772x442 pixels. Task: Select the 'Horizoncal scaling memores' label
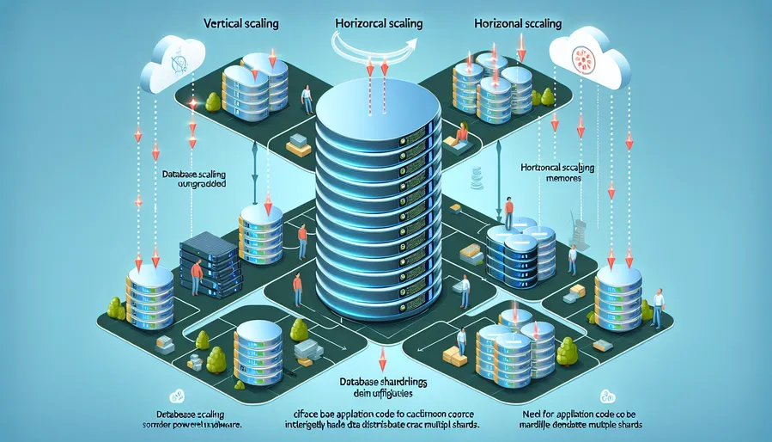(x=556, y=174)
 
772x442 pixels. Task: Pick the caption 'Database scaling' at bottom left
(x=180, y=416)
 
